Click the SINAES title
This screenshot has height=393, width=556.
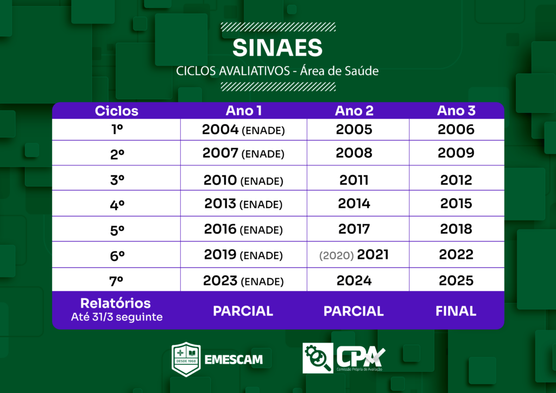coord(277,47)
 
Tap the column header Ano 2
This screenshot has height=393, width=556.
coord(354,111)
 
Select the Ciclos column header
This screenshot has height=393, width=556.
coord(116,111)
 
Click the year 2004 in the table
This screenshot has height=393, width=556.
coord(220,129)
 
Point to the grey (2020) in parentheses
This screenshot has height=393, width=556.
coord(336,255)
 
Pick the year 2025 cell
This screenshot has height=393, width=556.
coord(456,281)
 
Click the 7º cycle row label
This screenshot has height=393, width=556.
coord(116,281)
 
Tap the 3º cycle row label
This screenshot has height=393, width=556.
coord(117,180)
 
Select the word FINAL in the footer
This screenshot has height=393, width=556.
coord(456,311)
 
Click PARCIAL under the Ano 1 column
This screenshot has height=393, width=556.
coord(243,311)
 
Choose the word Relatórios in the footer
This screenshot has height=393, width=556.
coord(116,303)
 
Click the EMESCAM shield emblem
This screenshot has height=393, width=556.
coord(186,359)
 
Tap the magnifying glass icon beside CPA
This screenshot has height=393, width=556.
coord(318,358)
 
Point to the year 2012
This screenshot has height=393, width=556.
coord(456,180)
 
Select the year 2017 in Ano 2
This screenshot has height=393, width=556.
coord(354,229)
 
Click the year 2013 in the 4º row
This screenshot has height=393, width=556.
coord(220,204)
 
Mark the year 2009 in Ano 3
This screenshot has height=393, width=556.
coord(456,153)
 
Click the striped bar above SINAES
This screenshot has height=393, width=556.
coord(278,27)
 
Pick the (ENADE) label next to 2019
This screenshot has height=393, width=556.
coord(261,256)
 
